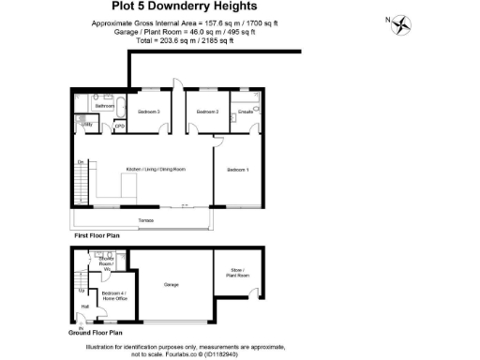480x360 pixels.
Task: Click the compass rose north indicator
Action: pos(403,25)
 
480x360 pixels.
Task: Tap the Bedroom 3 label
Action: pos(150,112)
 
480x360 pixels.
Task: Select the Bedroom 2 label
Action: pos(207,112)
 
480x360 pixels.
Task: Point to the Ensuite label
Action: pos(247,112)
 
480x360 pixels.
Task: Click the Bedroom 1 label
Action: pos(238,170)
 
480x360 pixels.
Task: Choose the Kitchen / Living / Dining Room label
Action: pos(156,170)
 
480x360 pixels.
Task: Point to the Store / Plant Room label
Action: pos(239,274)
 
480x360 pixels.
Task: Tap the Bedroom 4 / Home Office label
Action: pos(113,296)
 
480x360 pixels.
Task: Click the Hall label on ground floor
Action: pos(85,306)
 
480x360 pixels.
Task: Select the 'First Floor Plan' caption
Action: pos(97,236)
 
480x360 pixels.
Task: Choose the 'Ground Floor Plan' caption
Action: pos(96,333)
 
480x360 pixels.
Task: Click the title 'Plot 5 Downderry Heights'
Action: pos(240,8)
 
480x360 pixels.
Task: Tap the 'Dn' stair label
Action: pos(81,162)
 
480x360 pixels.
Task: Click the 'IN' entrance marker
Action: pos(80,325)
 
